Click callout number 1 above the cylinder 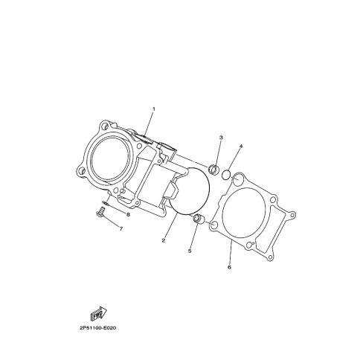(153, 109)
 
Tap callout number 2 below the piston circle (164, 240)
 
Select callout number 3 (221, 138)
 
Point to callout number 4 (241, 146)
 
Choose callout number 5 (190, 251)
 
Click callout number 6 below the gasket (229, 267)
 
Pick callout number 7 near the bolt (121, 229)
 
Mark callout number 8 (128, 214)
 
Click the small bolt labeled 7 (100, 213)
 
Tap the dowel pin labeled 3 (214, 170)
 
